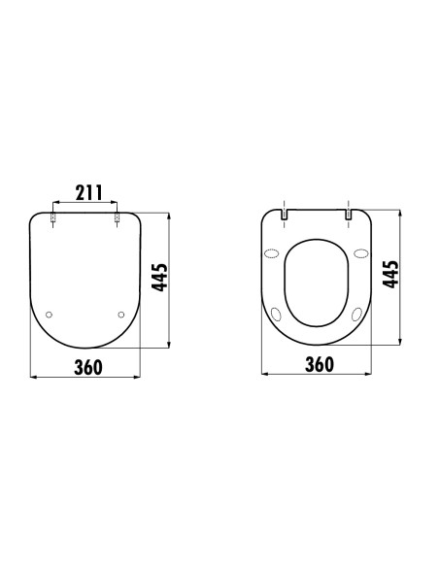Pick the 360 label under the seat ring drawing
(x=319, y=364)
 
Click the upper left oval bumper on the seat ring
(x=271, y=254)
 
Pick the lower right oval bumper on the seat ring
(x=355, y=314)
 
